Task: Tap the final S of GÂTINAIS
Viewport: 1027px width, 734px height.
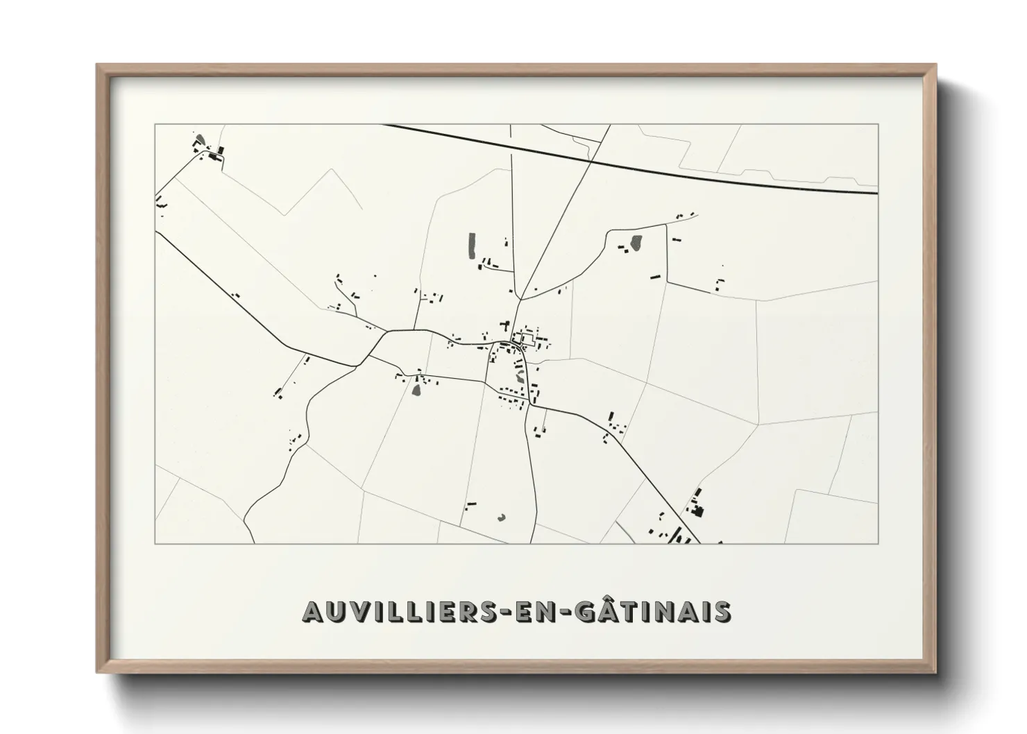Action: click(720, 612)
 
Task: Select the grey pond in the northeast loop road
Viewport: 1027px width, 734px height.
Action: click(635, 244)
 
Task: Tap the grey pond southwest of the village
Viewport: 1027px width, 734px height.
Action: click(416, 389)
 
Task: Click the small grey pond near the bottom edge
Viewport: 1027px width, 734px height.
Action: click(502, 517)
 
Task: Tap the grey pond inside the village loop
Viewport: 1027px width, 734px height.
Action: click(520, 376)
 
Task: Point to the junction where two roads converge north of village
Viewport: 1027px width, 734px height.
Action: click(520, 298)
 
